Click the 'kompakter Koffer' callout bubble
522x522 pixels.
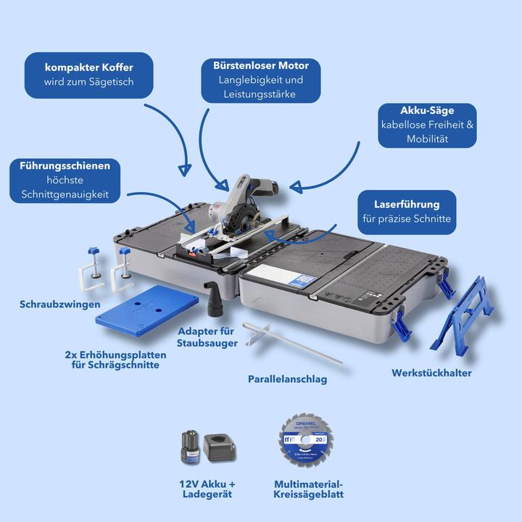pyautogui.click(x=88, y=75)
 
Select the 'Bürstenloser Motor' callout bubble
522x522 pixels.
pyautogui.click(x=260, y=80)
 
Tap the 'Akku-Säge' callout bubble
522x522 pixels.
pyautogui.click(x=427, y=125)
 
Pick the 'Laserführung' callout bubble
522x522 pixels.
pyautogui.click(x=406, y=212)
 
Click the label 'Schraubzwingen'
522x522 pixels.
pyautogui.click(x=59, y=304)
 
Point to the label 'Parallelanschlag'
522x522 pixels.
pyautogui.click(x=287, y=379)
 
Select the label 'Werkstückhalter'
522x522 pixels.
pyautogui.click(x=431, y=373)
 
